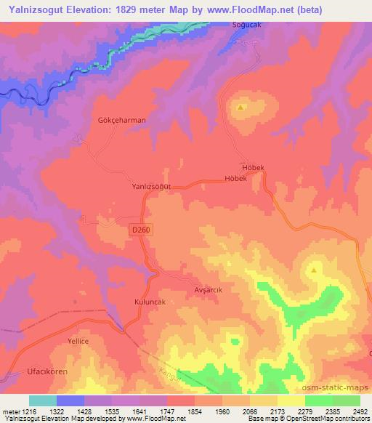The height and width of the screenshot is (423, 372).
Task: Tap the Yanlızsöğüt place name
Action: point(151,186)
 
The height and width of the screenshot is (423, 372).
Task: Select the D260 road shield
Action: point(142,230)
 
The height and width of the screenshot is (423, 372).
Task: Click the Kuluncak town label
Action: point(132,300)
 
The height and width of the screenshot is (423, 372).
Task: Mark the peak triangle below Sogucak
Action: point(240,108)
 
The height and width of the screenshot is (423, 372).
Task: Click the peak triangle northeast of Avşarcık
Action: point(314,270)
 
